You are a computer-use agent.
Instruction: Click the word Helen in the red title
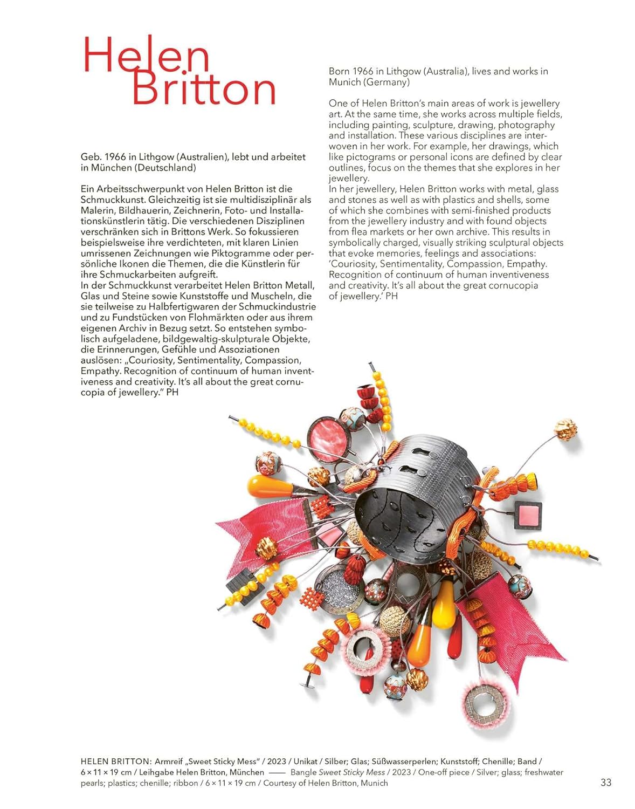point(146,56)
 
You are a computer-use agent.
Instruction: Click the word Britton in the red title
point(204,89)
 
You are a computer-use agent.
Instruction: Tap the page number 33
point(606,783)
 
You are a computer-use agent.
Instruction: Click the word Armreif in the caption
point(170,762)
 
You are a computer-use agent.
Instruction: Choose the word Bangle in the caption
point(303,772)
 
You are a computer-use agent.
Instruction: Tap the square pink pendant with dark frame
point(528,515)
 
